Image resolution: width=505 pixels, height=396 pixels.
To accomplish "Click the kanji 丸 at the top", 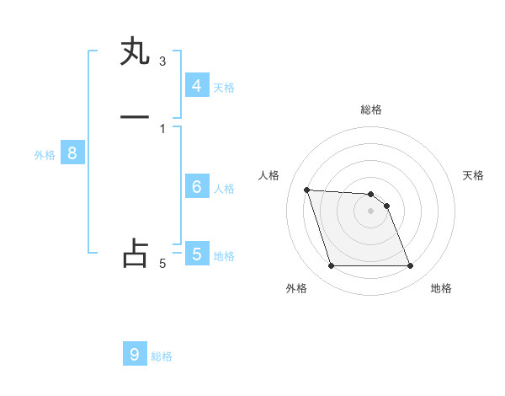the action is coord(135,51).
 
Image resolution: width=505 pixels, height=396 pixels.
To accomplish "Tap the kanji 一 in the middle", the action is coord(135,117).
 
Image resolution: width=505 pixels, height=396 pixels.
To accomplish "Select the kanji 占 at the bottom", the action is coord(135,254).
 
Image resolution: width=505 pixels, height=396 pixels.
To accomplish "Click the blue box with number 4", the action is coord(196,85).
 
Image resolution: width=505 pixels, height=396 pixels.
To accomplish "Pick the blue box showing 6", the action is coord(196,187).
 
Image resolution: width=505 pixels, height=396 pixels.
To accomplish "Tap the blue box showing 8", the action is coord(72,153).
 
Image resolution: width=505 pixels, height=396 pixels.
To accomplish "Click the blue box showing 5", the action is coord(196,254).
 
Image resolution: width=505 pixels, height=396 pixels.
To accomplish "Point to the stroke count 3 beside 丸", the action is coord(162,61).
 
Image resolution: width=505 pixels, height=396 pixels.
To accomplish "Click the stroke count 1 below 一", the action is coord(162,128).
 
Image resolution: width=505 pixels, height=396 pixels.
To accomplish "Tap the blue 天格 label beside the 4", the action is coord(224,87).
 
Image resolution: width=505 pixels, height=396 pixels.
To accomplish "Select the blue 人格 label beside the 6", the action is coord(224,189).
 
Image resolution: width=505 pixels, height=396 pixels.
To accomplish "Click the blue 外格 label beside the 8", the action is coord(45,155).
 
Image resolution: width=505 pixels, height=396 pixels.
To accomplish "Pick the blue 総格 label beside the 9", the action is coord(162,356).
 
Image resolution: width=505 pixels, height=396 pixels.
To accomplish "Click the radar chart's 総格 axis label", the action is coord(371,110).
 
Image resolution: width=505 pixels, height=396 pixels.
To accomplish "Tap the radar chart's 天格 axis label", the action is coord(474,175).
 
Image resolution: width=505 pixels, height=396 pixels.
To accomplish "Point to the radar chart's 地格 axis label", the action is coord(441,288).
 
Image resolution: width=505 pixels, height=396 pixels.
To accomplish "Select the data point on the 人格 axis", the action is coord(307,190).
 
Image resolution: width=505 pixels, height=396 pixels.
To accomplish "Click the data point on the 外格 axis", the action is coord(331,266).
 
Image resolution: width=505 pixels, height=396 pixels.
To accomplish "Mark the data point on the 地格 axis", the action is coord(411,266).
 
